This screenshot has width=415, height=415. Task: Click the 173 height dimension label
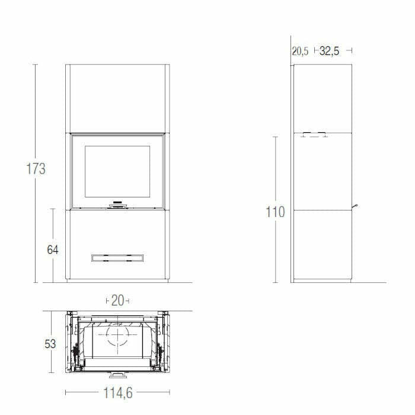click(36, 169)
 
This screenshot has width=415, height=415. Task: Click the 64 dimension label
click(53, 250)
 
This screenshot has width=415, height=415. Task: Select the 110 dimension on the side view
click(275, 212)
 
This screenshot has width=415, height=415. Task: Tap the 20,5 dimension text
click(300, 52)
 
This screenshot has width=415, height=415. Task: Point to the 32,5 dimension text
click(330, 52)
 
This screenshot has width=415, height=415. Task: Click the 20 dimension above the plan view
click(117, 301)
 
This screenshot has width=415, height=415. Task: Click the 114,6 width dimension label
click(117, 392)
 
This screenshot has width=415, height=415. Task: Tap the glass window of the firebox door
click(117, 172)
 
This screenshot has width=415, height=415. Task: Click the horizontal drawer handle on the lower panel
click(117, 257)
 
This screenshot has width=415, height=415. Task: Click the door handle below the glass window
click(117, 205)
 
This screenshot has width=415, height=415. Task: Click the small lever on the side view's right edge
click(355, 206)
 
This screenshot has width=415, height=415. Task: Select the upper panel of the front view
click(117, 98)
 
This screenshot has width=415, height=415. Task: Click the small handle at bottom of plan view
click(117, 375)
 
